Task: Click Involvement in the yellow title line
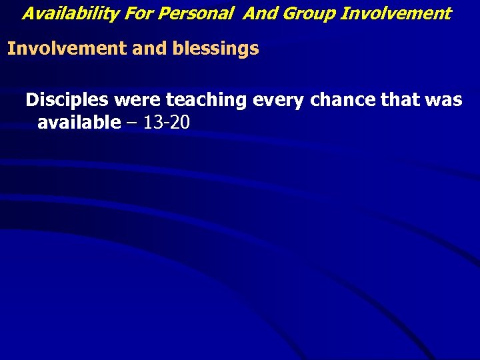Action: point(396,13)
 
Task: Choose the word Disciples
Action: point(67,100)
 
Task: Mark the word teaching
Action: point(206,100)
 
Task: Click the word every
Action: point(277,100)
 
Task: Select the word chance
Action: point(343,100)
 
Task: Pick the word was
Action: point(445,100)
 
